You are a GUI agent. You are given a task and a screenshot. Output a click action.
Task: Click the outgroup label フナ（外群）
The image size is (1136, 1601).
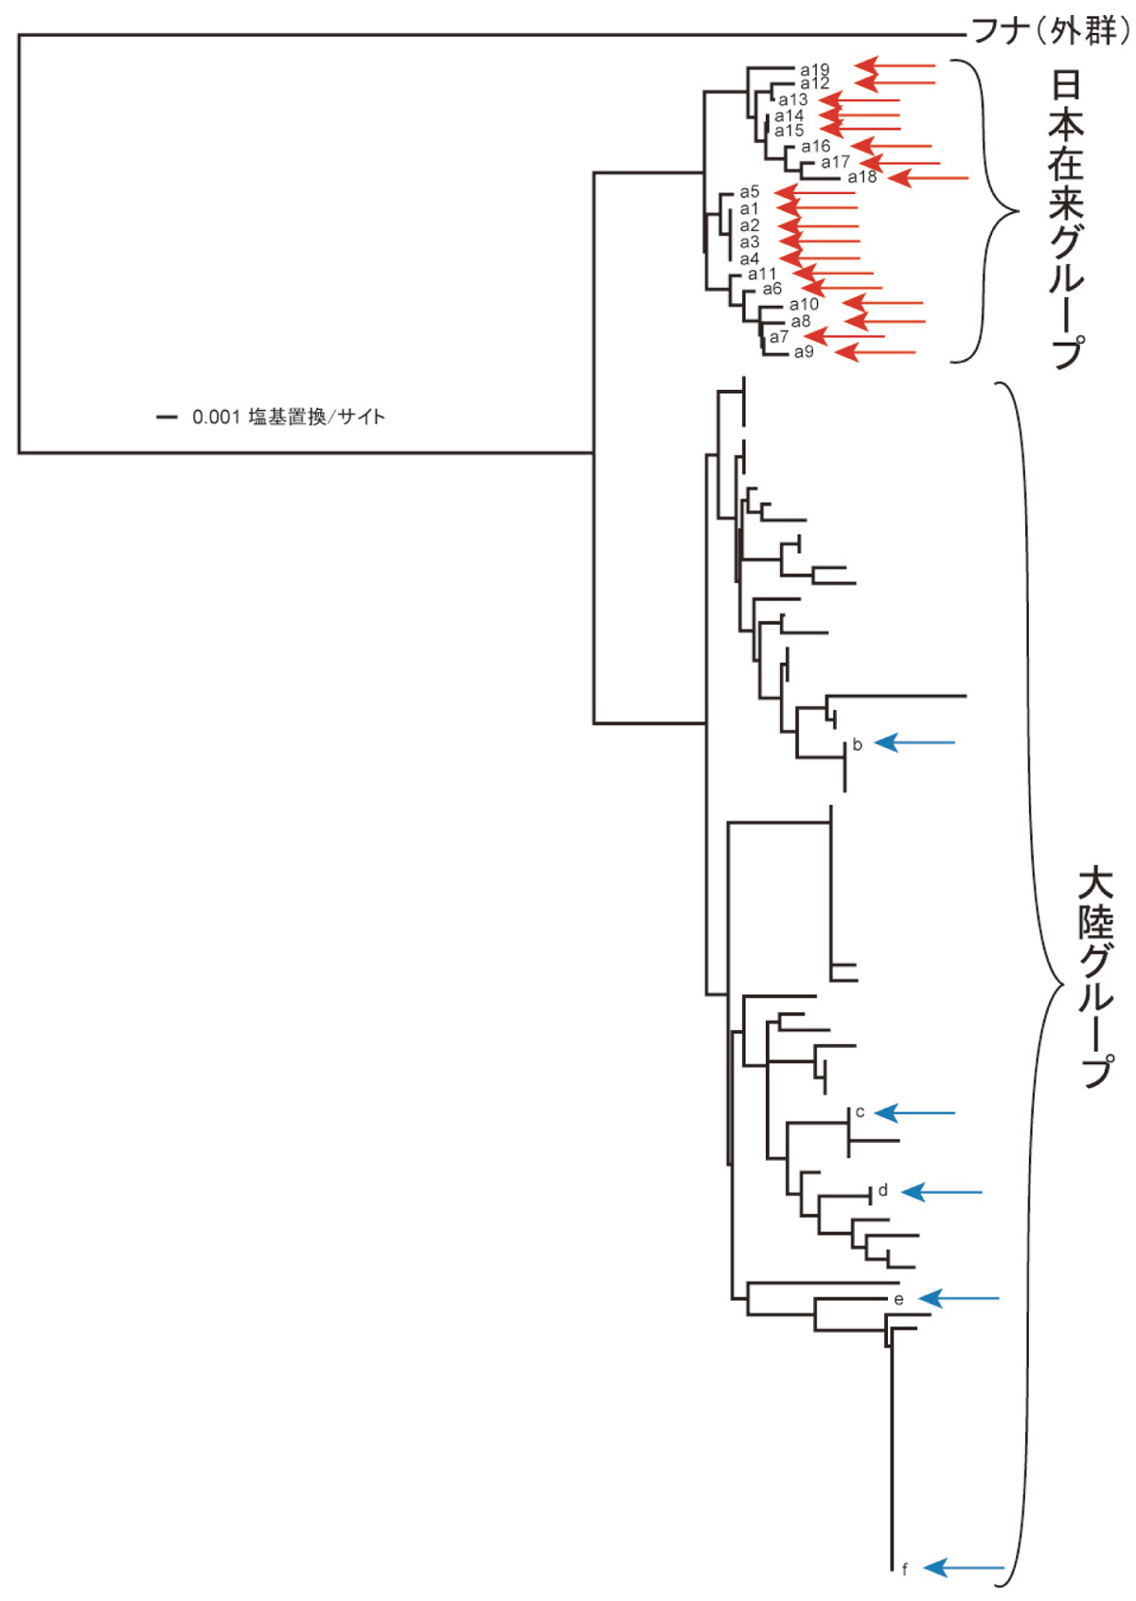[1051, 31]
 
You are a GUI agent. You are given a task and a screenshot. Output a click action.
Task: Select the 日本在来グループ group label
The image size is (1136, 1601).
[1067, 218]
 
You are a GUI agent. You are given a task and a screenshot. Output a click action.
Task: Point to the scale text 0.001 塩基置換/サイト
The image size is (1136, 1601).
[289, 417]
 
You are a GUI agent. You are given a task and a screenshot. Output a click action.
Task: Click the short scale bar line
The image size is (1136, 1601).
[167, 417]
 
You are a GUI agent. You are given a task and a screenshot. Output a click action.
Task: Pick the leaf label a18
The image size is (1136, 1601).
[862, 177]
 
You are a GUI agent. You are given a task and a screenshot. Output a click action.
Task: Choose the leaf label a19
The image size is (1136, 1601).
[814, 69]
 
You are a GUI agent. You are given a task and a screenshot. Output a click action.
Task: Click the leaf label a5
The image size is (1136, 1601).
[750, 192]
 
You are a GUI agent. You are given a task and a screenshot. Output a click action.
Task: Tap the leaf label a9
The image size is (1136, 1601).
[804, 352]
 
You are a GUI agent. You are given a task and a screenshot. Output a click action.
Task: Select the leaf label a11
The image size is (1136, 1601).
[762, 274]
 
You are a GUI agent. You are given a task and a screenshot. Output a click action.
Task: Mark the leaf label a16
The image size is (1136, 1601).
[815, 147]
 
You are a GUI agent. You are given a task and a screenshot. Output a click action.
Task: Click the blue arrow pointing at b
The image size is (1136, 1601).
[914, 743]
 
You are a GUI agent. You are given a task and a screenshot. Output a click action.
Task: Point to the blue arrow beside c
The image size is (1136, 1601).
[914, 1112]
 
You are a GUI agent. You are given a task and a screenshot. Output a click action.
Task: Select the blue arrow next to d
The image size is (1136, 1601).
[942, 1192]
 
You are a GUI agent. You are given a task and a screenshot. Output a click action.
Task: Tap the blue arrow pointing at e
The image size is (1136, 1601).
[959, 1298]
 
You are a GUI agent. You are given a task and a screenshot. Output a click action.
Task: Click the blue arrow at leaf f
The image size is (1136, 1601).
[964, 1568]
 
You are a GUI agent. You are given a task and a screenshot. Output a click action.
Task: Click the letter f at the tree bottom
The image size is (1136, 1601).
[905, 1570]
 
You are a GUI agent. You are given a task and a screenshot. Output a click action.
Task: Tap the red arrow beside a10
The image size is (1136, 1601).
[882, 304]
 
